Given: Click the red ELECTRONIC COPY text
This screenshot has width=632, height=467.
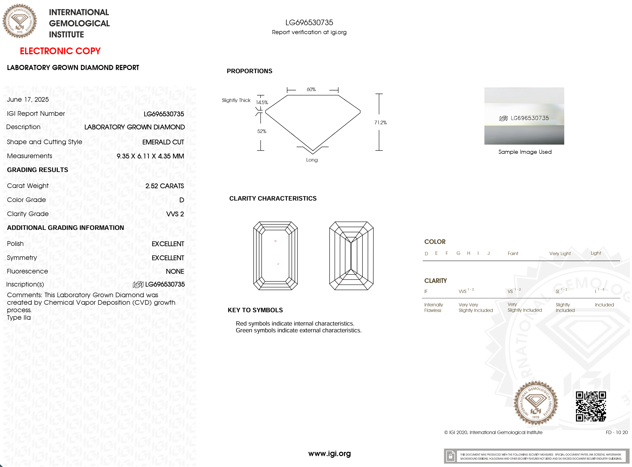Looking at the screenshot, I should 60,51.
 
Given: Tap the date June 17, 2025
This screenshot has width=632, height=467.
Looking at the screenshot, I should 28,100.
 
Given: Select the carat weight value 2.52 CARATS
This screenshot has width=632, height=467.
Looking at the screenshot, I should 164,186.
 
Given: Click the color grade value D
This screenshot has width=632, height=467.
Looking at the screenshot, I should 181,200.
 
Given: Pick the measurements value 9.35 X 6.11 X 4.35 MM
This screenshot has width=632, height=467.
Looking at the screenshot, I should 150,156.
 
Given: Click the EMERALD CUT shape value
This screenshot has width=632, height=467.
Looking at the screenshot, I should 163,142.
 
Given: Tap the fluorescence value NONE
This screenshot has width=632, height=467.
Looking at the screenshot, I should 175,271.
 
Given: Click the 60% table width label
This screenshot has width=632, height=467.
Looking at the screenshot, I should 311,89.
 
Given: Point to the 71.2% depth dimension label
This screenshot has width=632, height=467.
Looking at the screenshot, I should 380,122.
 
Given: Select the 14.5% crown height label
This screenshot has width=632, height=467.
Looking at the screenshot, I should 262,102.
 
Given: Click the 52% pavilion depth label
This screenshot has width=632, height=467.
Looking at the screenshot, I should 262,131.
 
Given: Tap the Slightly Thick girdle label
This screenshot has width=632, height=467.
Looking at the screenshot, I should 236,100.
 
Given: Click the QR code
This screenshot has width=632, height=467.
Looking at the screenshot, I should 591,406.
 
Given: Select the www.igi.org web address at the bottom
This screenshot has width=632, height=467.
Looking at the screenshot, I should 329,453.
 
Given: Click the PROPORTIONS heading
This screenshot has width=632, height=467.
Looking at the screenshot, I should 249,71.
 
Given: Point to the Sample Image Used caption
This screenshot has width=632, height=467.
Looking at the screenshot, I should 525,152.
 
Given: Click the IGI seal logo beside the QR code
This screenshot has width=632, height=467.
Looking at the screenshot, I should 535,403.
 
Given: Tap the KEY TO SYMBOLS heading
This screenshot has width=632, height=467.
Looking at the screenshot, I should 255,310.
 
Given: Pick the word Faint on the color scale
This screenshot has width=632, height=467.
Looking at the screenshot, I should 513,253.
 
